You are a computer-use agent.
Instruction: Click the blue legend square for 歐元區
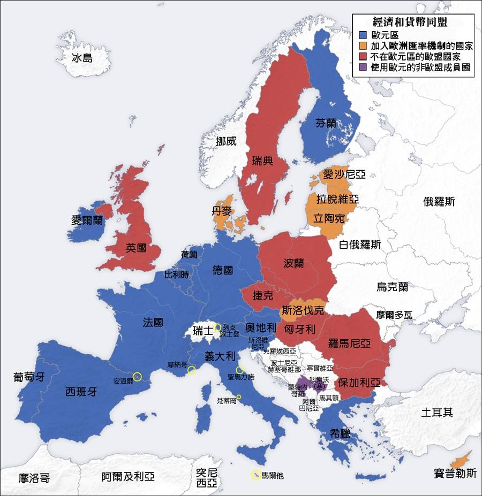[x=363, y=35]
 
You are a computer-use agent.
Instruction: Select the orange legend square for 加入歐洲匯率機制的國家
[x=363, y=45]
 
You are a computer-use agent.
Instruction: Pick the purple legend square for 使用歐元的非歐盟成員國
[x=363, y=67]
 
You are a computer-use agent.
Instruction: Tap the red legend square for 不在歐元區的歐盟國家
[x=363, y=56]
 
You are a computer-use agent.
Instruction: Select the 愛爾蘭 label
[x=87, y=220]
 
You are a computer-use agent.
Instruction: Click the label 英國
[x=136, y=248]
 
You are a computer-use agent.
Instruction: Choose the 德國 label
[x=222, y=270]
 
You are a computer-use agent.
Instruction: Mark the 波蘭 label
[x=293, y=263]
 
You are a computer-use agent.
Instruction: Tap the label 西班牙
[x=81, y=391]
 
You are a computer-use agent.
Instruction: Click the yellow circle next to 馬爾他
[x=256, y=475]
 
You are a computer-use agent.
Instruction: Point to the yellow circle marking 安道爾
[x=137, y=376]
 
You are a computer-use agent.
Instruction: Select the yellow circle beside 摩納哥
[x=191, y=370]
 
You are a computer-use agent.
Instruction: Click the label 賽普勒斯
[x=456, y=473]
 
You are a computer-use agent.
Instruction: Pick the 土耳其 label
[x=436, y=412]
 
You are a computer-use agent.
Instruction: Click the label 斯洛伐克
[x=303, y=310]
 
